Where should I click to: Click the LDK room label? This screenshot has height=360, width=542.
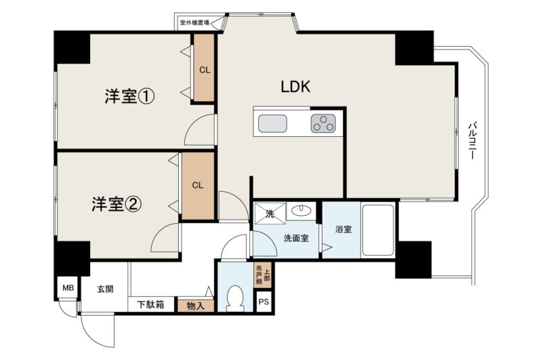point(295,87)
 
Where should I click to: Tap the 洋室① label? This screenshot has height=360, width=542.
point(129,96)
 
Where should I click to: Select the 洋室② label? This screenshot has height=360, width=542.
point(117,204)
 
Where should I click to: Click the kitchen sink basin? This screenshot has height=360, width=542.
point(272,123)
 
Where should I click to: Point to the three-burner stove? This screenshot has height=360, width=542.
point(323,123)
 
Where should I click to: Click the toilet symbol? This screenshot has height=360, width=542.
point(235,298)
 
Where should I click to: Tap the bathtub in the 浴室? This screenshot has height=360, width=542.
point(378,230)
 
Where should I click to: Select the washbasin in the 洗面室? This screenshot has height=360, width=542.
point(301,210)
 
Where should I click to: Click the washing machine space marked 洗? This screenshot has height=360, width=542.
point(270,214)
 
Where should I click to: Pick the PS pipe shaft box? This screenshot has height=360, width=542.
point(264,302)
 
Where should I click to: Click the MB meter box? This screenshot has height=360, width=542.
point(68,287)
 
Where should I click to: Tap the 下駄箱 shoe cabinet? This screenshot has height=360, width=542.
point(151,304)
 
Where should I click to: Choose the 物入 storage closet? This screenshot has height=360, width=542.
point(196,306)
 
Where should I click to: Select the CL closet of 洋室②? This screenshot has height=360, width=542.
point(198,186)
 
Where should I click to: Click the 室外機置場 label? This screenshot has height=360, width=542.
point(194,23)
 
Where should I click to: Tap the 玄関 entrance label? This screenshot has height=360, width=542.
point(105,289)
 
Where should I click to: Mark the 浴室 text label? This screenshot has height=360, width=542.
point(343,229)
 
